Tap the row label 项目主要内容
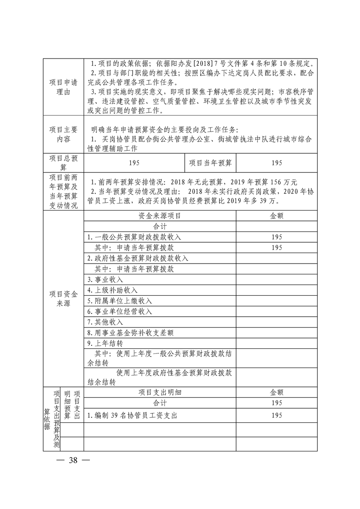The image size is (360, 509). point(64,135)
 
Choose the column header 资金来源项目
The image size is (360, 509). point(159,216)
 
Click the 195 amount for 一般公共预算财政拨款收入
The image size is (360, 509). point(276,237)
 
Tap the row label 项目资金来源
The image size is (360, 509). point(64,299)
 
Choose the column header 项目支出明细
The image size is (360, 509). point(159,392)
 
